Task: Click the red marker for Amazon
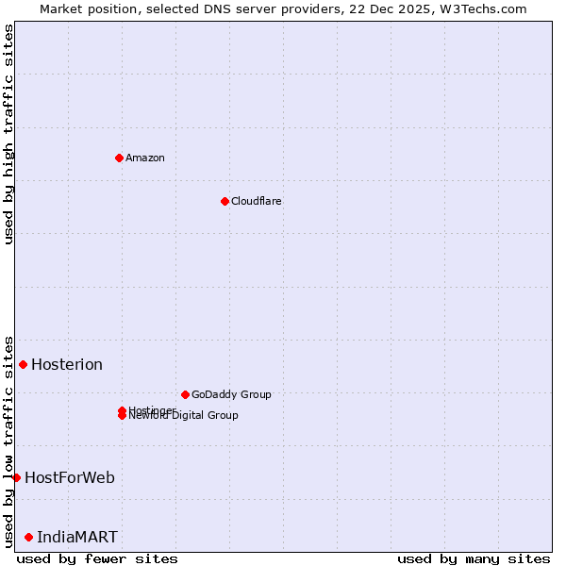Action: pos(119,158)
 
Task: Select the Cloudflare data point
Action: pos(225,201)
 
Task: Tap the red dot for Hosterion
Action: pos(23,364)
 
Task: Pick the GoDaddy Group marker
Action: pos(185,394)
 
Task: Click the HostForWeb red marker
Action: pos(16,477)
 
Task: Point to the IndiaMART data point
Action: pos(28,537)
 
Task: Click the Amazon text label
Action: pos(145,158)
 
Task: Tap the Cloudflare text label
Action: pos(257,201)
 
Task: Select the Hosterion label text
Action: pos(67,365)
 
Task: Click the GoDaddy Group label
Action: pos(231,394)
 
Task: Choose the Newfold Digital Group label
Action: pos(185,416)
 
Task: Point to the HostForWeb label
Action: pos(70,477)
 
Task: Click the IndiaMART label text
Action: pos(77,538)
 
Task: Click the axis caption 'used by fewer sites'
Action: pos(97,558)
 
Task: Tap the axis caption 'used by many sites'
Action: pos(474,558)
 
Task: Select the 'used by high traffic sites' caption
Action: pos(8,134)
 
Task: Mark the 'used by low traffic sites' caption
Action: pos(8,441)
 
